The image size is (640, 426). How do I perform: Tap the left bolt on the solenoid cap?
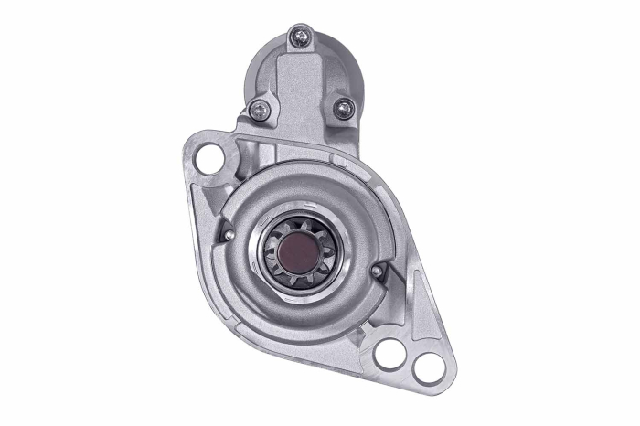[260, 111]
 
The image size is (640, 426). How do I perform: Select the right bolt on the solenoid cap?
[343, 109]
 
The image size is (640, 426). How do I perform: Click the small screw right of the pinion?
[377, 272]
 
